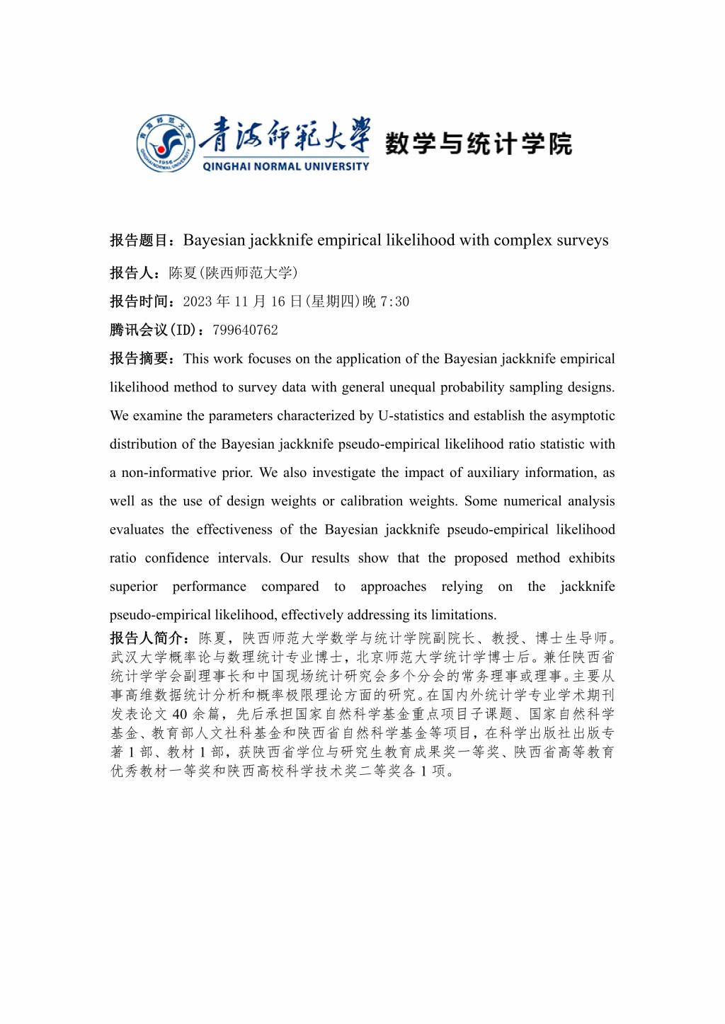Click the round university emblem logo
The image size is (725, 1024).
click(x=165, y=144)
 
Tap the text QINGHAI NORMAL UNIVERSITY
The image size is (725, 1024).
click(x=285, y=166)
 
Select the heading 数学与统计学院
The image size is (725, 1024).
click(x=478, y=144)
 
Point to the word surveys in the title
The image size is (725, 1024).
click(x=582, y=241)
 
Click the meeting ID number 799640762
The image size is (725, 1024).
click(x=245, y=330)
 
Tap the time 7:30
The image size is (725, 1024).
click(x=394, y=301)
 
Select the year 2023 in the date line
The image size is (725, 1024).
click(x=198, y=301)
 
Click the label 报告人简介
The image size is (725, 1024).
click(x=149, y=638)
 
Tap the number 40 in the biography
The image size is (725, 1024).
click(x=179, y=714)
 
